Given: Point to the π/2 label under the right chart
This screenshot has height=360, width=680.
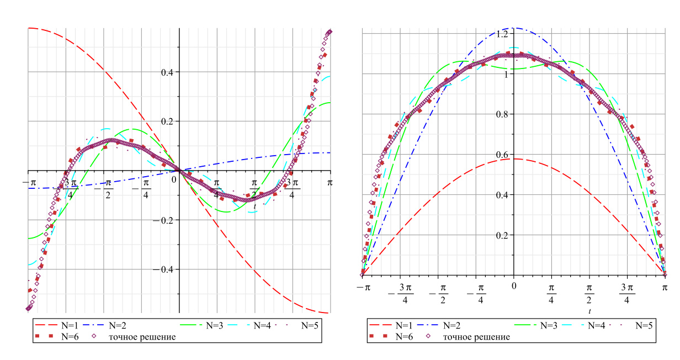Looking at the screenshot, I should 589,293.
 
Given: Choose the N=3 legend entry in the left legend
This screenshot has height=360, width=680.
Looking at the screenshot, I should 210,326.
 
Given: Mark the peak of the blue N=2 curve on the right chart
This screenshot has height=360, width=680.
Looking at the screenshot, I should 513,28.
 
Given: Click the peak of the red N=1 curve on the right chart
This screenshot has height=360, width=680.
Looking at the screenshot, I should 513,159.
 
